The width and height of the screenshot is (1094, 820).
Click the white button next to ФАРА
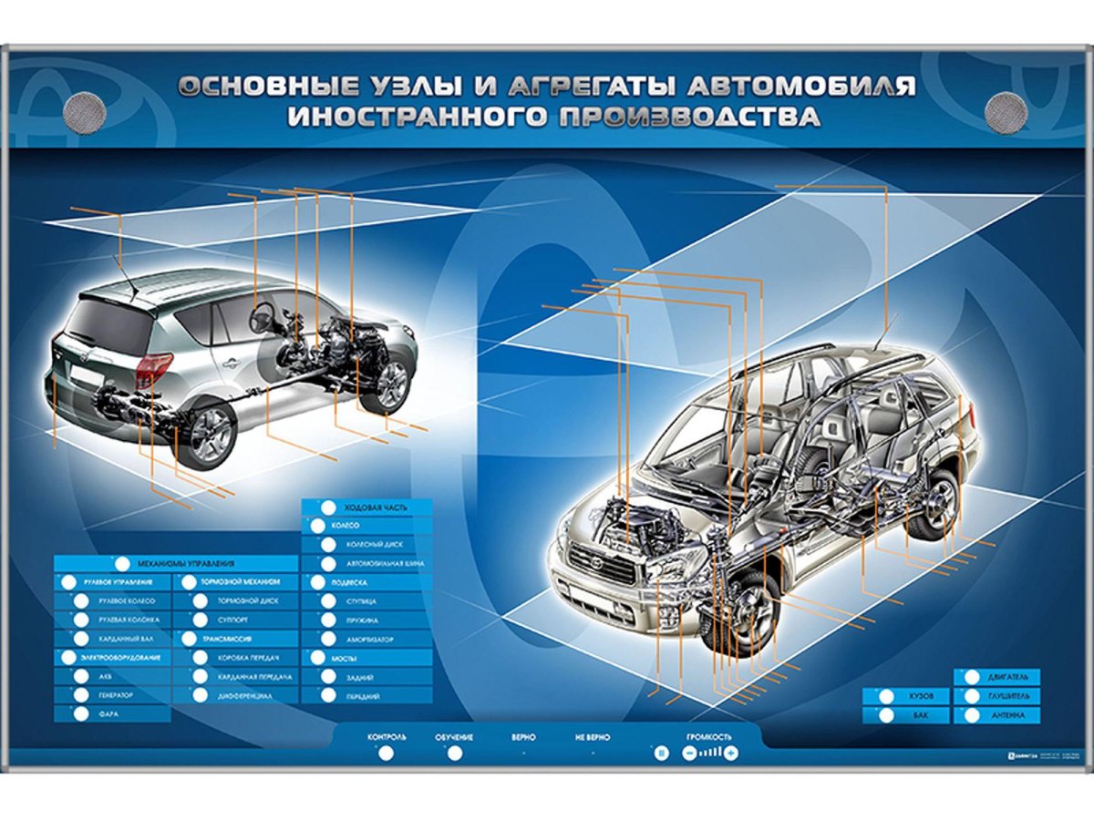pyautogui.click(x=81, y=715)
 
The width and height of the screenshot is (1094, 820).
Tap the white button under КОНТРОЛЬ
pyautogui.click(x=386, y=753)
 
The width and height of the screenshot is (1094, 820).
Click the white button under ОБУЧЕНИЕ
pyautogui.click(x=454, y=753)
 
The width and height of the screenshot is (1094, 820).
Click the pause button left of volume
pyautogui.click(x=662, y=753)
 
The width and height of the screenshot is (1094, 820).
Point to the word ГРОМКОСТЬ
pyautogui.click(x=709, y=736)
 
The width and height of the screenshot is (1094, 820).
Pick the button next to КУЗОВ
pyautogui.click(x=886, y=697)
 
